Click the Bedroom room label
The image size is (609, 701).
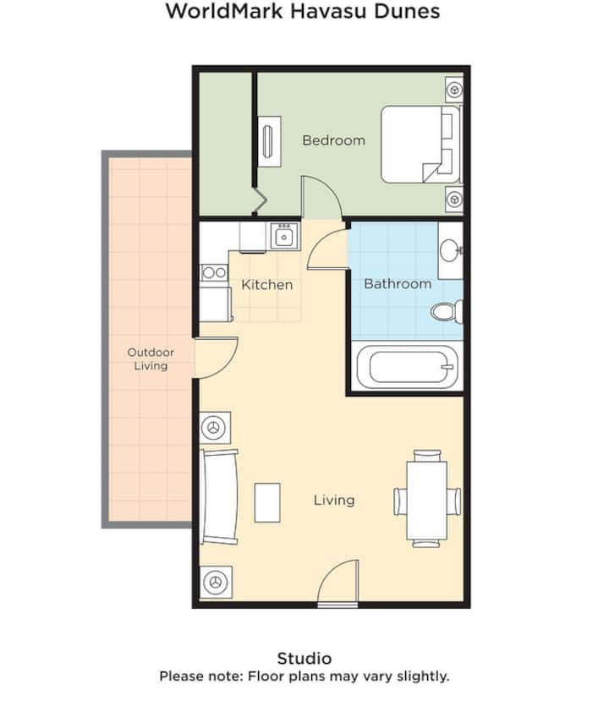333,140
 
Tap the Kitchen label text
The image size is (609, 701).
267,284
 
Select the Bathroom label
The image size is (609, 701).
398,284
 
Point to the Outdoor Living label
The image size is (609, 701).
151,359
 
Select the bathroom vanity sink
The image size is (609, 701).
449,250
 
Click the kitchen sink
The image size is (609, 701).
283,236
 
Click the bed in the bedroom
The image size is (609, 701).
420,144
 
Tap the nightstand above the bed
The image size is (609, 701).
454,88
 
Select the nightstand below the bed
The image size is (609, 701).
454,200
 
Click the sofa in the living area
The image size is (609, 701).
219,497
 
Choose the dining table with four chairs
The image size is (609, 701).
426,499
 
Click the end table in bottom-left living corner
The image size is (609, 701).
215,582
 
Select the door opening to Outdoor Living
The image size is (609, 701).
217,357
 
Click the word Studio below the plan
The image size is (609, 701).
304,658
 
